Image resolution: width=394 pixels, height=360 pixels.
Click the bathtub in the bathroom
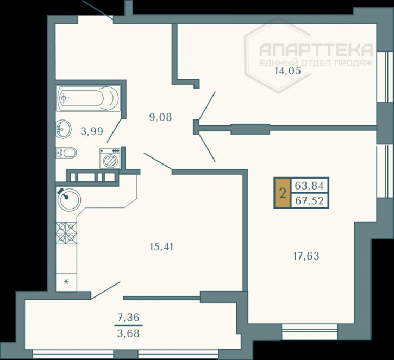[x=89, y=98]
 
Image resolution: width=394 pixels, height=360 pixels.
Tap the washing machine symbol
[x=110, y=158]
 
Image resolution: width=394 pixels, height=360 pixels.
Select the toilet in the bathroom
[x=66, y=153]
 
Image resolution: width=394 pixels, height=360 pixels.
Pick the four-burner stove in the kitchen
[x=66, y=233]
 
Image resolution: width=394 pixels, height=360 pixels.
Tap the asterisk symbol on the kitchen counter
[x=66, y=282]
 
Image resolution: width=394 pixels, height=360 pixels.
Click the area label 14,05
[x=288, y=71]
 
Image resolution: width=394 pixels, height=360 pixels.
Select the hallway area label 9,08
[x=160, y=117]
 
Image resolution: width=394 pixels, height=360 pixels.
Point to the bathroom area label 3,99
[x=92, y=131]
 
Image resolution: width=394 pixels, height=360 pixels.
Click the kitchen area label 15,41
[x=161, y=247]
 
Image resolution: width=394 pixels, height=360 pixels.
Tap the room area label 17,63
[x=307, y=256]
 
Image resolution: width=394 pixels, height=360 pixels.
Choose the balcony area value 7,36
[x=128, y=318]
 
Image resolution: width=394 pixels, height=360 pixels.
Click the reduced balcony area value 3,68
[x=128, y=333]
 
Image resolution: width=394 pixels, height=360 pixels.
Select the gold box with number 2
[x=283, y=193]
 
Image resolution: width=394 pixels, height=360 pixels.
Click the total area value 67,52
[x=309, y=201]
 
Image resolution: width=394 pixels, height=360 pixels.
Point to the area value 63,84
[x=309, y=186]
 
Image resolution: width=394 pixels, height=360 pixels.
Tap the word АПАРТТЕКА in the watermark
[x=316, y=50]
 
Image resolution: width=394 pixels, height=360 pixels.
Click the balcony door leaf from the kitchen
[x=106, y=290]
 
